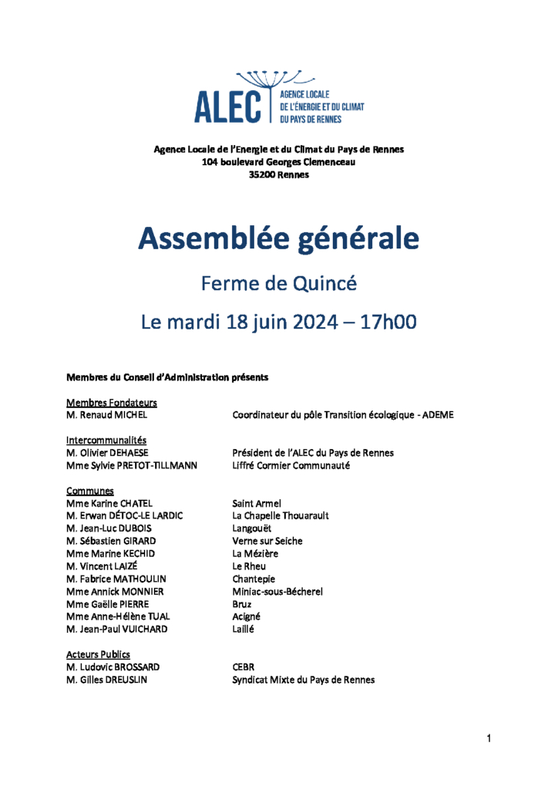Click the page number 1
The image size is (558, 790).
pos(489,739)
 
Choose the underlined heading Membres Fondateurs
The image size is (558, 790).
pos(112,402)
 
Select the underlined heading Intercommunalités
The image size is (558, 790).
pos(106,440)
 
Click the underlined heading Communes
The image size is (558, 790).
pos(90,491)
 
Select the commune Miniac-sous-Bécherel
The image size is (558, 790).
pos(277,592)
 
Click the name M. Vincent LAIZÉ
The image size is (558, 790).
pos(103,566)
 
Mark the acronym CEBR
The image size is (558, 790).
pos(244,667)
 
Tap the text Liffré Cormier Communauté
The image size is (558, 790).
pos(291,465)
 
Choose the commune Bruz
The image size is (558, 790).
pos(243,604)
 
